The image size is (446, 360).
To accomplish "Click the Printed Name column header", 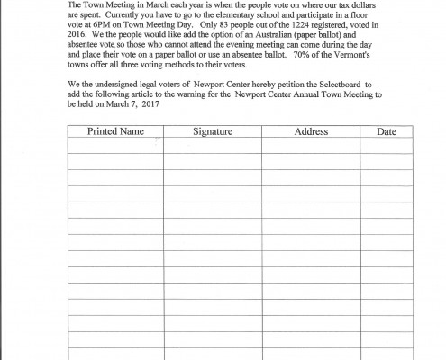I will click(115, 131).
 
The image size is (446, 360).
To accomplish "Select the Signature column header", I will click(213, 131).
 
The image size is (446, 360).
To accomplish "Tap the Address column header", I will click(311, 131).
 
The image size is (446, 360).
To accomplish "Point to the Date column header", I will click(387, 131).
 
